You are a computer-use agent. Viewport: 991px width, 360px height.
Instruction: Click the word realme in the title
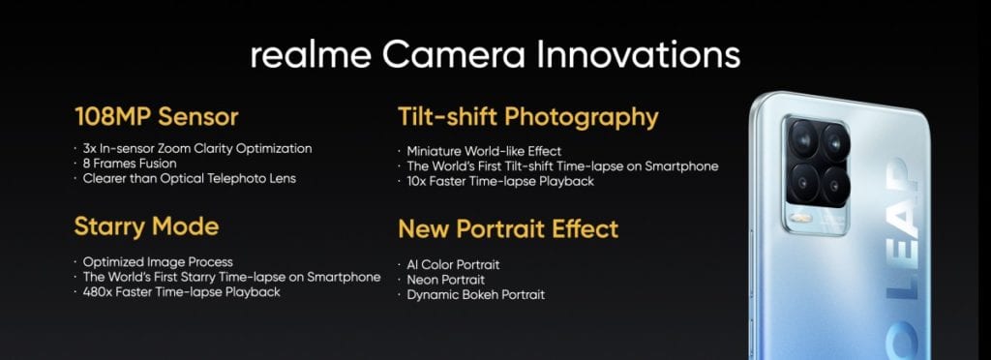[311, 55]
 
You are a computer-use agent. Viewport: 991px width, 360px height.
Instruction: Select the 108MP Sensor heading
[156, 117]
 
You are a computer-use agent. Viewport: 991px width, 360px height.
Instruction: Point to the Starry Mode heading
[146, 226]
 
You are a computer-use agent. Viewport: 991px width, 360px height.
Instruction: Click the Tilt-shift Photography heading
[527, 118]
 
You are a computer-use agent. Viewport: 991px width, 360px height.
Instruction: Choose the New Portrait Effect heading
[508, 228]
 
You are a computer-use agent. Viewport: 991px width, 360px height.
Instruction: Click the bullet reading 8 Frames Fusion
[130, 164]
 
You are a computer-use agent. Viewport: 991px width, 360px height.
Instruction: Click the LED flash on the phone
[801, 219]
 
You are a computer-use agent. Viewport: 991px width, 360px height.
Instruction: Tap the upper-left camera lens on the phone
[802, 139]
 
